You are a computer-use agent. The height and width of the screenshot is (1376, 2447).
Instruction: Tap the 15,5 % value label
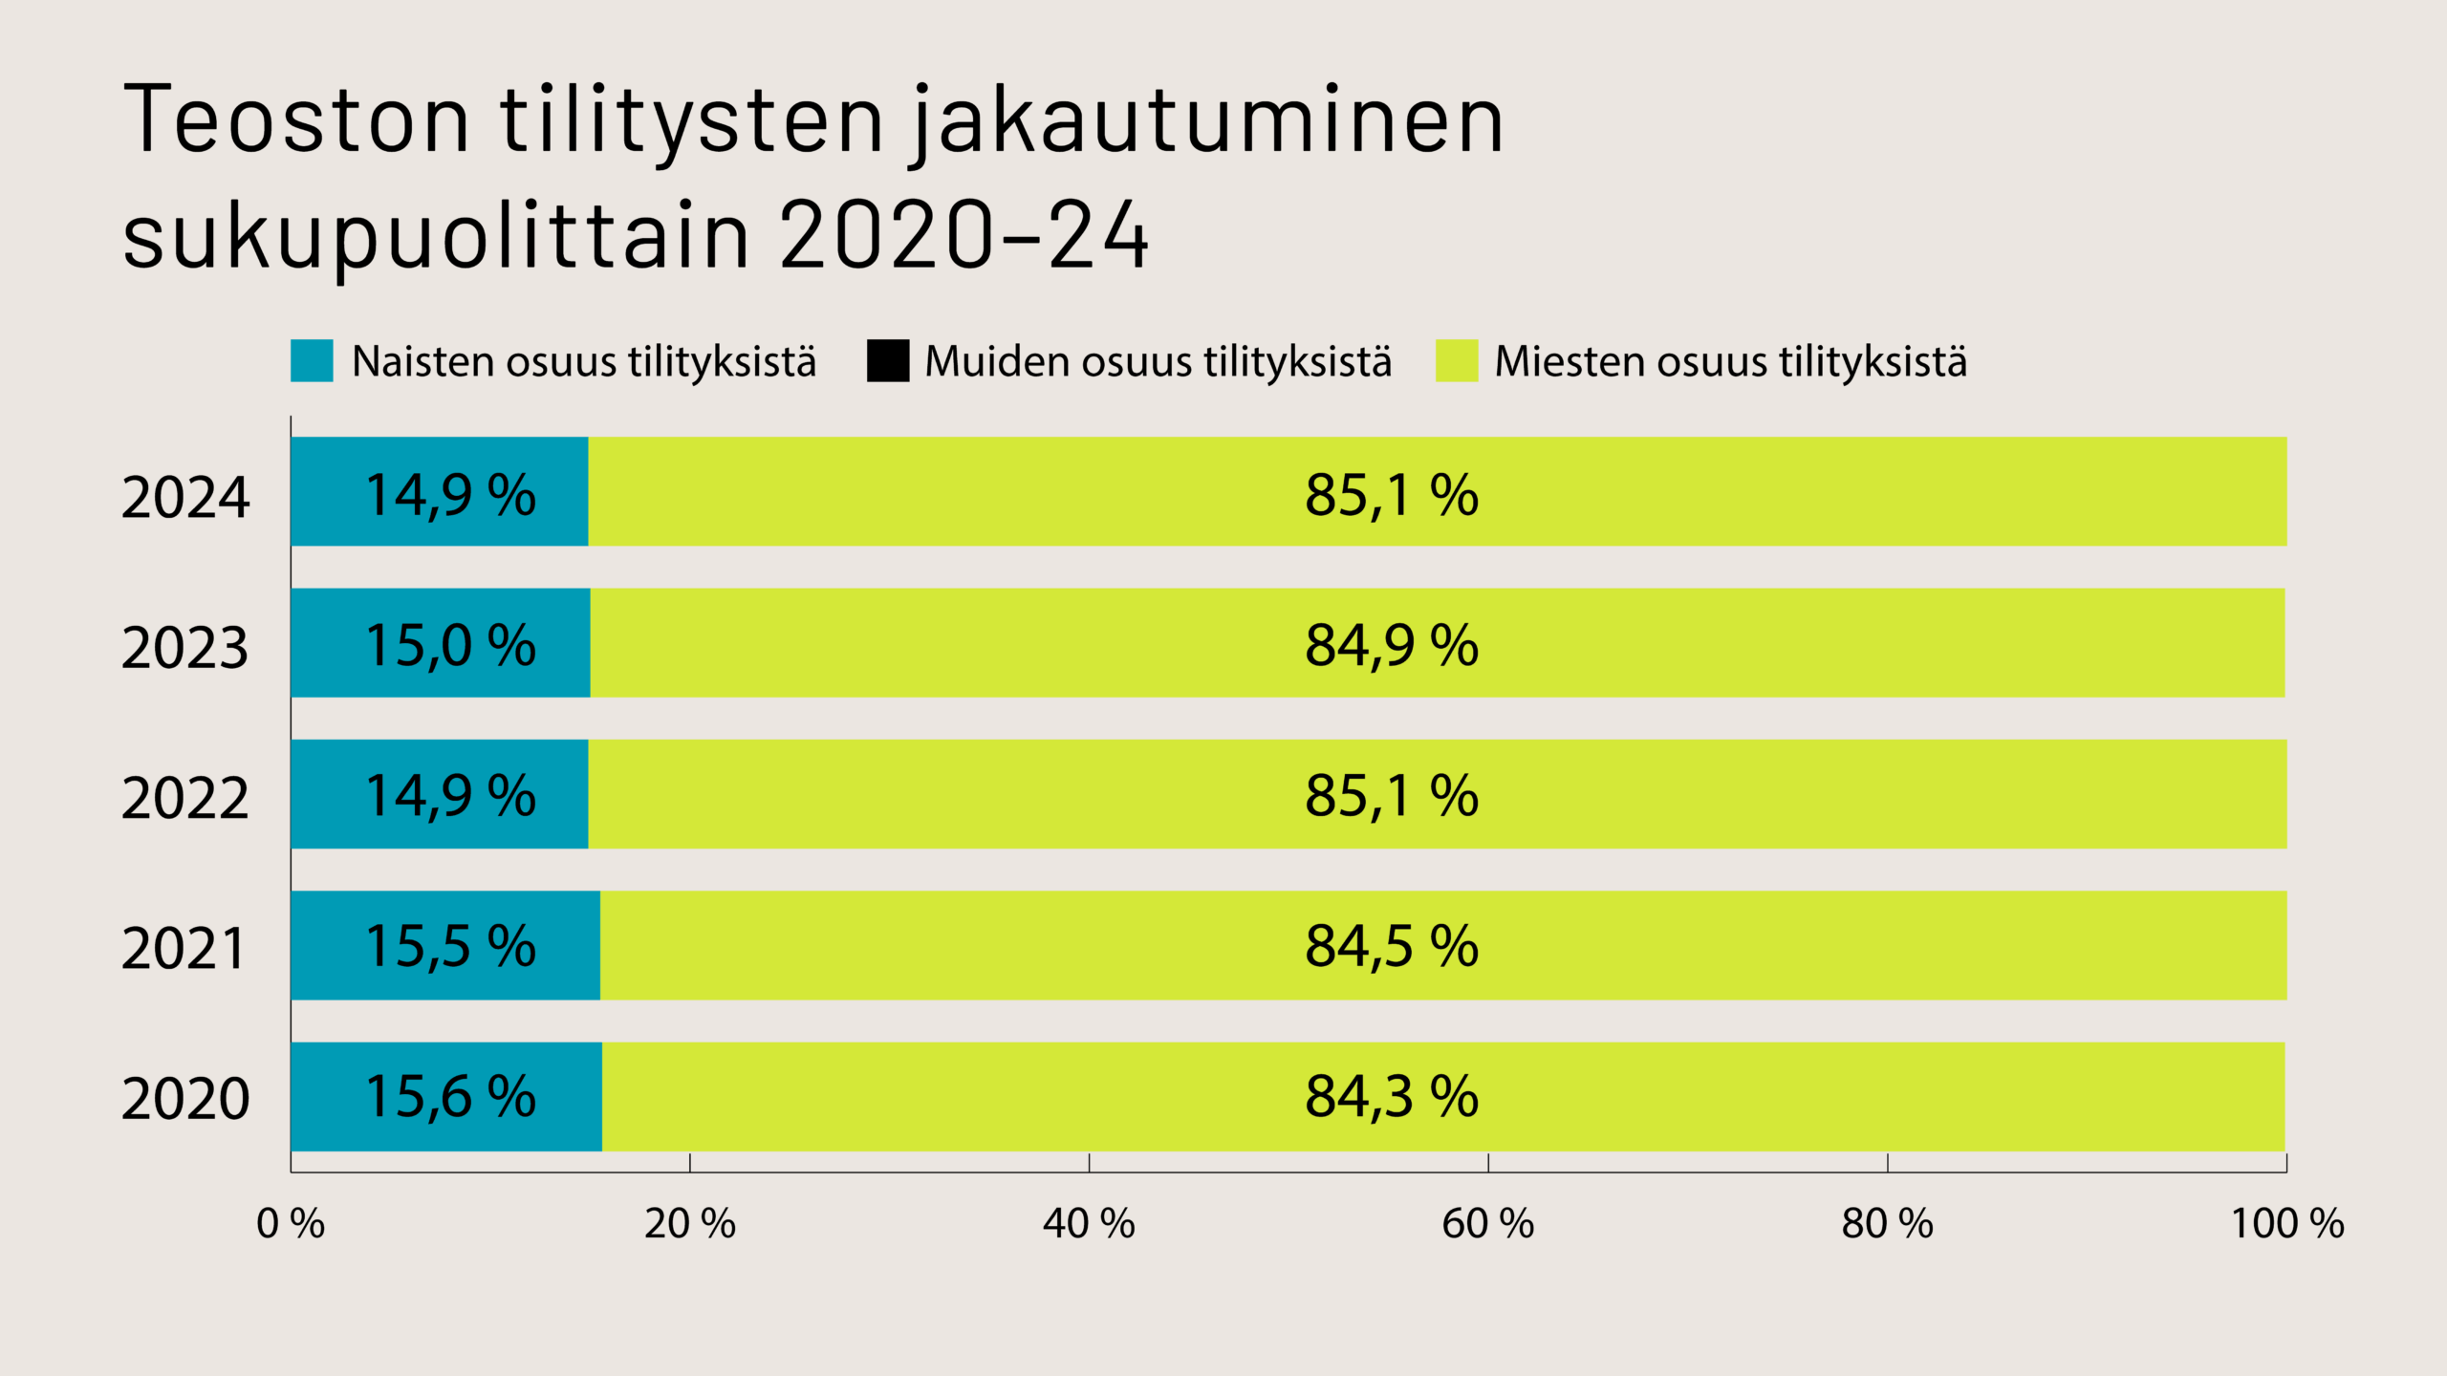point(450,946)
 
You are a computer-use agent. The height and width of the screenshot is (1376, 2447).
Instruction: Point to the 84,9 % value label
point(1392,645)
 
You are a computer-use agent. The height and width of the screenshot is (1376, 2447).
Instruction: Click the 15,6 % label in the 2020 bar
point(450,1096)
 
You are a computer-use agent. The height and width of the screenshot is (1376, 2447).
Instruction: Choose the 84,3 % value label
point(1392,1096)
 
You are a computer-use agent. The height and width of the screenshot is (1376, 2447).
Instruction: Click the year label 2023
point(184,647)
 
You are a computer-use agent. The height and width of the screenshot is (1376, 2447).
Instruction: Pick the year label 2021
point(184,948)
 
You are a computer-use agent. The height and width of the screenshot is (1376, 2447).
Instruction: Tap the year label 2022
point(184,797)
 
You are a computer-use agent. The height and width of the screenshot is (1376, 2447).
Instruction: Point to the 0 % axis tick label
point(291,1224)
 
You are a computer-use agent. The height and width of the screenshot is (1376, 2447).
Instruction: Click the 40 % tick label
point(1089,1224)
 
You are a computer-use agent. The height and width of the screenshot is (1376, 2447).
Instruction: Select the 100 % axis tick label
point(2286,1224)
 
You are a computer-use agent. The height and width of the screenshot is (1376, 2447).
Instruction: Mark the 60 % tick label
point(1487,1224)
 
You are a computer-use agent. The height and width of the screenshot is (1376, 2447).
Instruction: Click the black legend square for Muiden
point(888,361)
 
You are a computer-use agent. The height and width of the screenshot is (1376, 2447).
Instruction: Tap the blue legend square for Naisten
point(312,361)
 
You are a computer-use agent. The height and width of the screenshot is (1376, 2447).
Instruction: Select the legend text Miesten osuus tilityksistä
point(1730,361)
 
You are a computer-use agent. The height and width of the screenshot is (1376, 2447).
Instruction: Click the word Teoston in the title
point(296,119)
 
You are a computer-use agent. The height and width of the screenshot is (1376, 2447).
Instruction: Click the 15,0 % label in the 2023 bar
point(450,645)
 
